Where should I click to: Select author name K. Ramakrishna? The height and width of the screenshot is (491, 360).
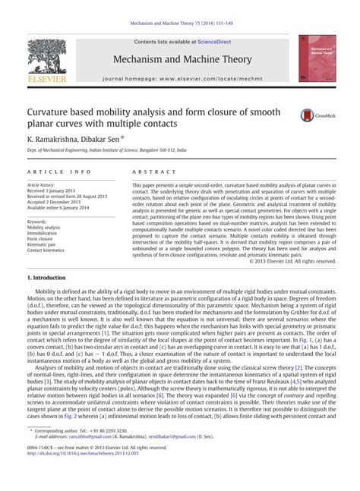pos(53,140)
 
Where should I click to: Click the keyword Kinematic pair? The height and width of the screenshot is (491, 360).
pos(43,244)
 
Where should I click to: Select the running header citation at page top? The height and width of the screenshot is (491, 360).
pos(180,24)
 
